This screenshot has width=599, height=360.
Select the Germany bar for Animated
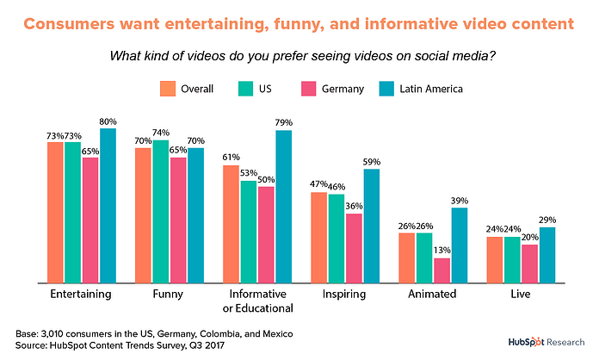point(442,270)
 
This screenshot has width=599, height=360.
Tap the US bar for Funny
point(161,211)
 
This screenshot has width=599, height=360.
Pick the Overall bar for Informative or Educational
point(232,223)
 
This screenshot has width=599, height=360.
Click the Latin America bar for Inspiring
point(371,226)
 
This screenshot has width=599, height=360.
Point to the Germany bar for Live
point(530,263)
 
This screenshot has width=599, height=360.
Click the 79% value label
point(283,121)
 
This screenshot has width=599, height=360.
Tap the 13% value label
point(442,251)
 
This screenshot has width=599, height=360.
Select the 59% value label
point(372,161)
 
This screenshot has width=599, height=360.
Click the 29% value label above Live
point(547,219)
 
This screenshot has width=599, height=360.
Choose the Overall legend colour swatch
point(167,88)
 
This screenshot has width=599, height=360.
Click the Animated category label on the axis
point(433,294)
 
